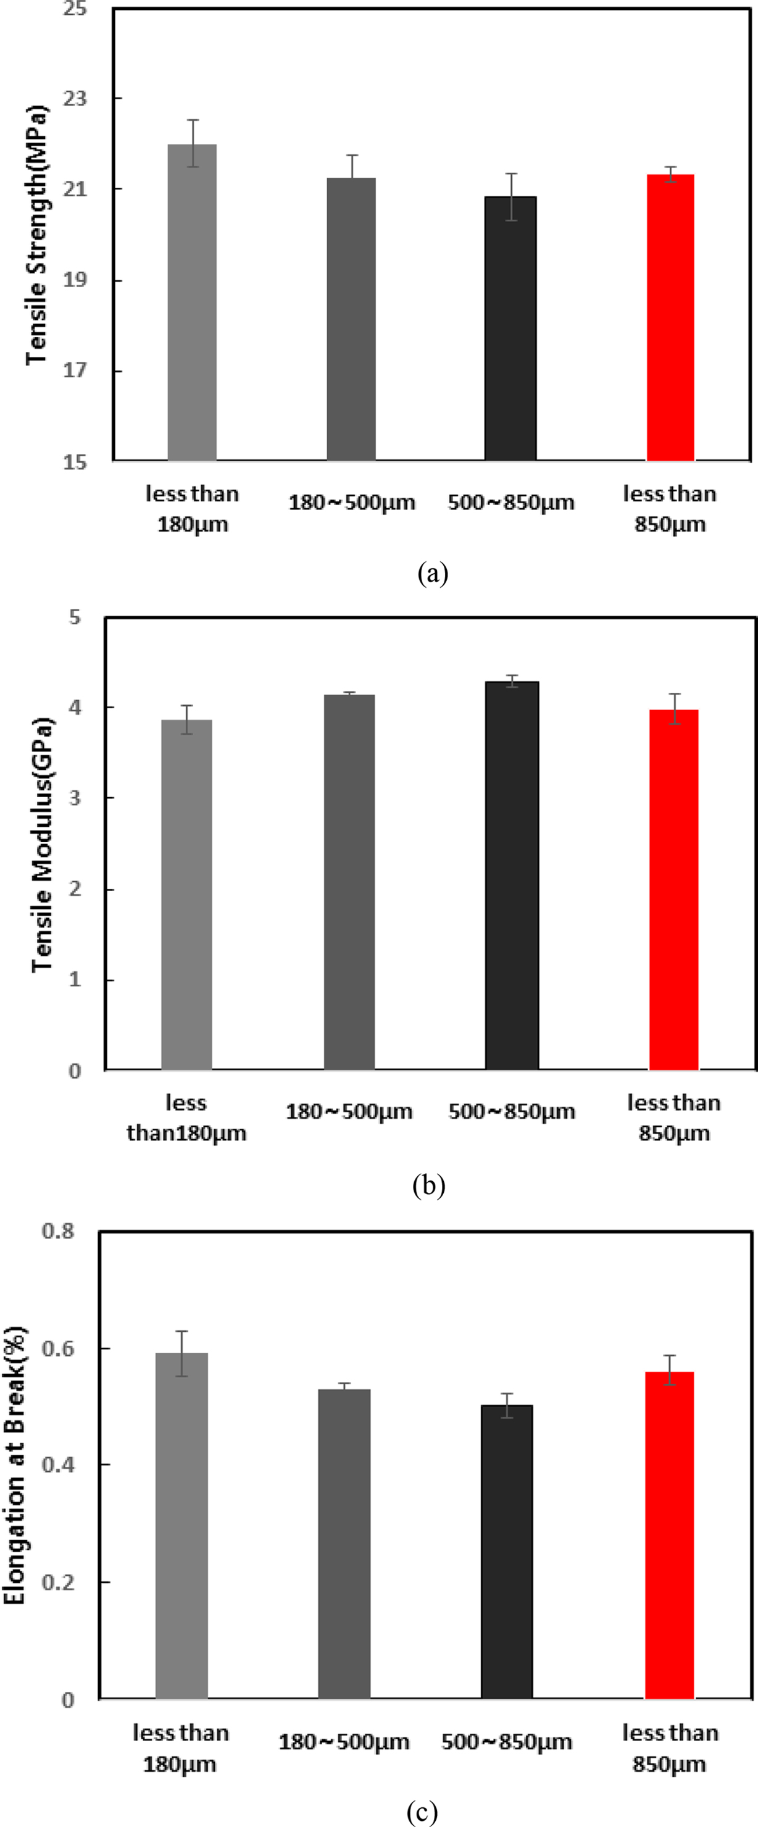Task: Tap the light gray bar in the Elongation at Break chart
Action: point(181,1525)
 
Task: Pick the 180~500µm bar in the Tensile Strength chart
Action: point(351,319)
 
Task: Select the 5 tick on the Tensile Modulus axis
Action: point(75,617)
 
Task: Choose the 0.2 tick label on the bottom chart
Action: point(58,1582)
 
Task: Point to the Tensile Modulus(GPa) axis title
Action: point(43,844)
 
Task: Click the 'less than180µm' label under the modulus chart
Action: point(186,1118)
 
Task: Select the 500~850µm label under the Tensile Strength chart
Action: point(510,503)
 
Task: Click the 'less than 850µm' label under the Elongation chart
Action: point(669,1748)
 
